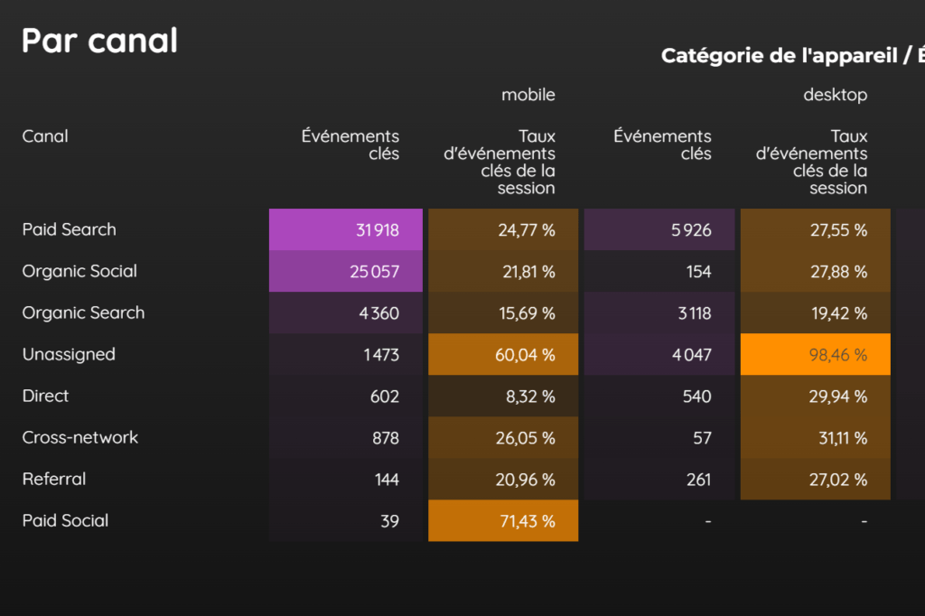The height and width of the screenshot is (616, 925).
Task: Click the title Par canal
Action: tap(99, 41)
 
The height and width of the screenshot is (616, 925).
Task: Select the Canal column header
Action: tap(45, 136)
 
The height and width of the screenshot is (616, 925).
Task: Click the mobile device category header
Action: tap(528, 95)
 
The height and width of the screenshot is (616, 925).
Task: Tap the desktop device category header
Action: tap(836, 95)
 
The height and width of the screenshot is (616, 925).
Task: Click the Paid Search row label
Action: tap(70, 229)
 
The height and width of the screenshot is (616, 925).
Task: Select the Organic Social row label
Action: tap(79, 271)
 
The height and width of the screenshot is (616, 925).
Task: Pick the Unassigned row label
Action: tap(69, 354)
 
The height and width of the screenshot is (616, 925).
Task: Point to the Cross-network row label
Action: tap(80, 437)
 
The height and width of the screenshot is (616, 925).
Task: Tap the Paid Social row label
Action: tap(65, 520)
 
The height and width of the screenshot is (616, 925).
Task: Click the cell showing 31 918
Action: tap(346, 229)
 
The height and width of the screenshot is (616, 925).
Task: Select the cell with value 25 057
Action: tap(346, 271)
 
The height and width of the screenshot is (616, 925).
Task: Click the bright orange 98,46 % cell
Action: tap(816, 354)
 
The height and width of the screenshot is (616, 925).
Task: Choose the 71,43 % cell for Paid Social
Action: tap(503, 520)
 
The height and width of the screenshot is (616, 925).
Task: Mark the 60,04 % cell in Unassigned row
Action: tap(503, 354)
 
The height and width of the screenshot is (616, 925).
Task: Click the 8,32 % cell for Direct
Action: tap(503, 396)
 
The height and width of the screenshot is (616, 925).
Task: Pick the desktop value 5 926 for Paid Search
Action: tap(659, 229)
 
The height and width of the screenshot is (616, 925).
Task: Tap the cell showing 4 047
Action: tap(659, 354)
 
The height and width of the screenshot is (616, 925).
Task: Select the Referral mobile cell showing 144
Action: tap(346, 479)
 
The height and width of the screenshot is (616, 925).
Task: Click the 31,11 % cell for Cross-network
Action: tap(816, 437)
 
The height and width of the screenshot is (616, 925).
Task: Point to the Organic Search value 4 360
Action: tap(346, 313)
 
